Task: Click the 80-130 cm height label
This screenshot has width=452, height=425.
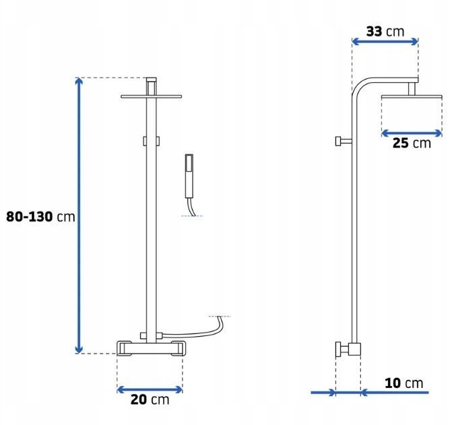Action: (x=40, y=217)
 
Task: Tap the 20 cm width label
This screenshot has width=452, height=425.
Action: (x=150, y=399)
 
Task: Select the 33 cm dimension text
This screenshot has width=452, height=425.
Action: (x=385, y=32)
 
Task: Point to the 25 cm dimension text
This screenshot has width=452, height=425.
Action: (x=412, y=143)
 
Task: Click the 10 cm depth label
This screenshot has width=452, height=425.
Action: (x=404, y=383)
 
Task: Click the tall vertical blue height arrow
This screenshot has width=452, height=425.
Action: (x=79, y=216)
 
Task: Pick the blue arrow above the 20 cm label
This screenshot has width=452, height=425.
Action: (x=150, y=390)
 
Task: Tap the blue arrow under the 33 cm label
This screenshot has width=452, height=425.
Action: (x=385, y=42)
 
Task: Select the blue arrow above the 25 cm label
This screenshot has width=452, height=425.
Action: (x=412, y=133)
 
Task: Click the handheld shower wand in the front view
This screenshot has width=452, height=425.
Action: (x=189, y=176)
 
